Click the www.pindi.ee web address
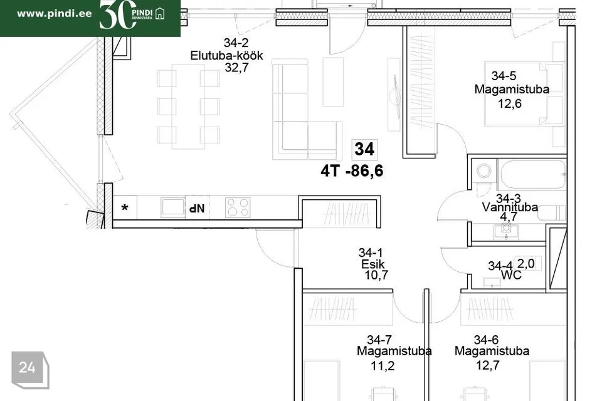coord(55,14)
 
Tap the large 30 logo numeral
coord(117,14)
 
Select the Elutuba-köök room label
coord(226,55)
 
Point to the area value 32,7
coord(236,68)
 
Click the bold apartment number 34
coord(364,149)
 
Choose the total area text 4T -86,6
coord(352,171)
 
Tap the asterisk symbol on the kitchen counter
coord(124,209)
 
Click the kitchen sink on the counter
coord(173,207)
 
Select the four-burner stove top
coord(238,207)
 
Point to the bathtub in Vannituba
coord(533,175)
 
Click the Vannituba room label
coord(510,207)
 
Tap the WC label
coord(512,275)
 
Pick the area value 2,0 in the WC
coord(525,264)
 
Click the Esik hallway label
coord(372,264)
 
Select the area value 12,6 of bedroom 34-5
coord(509,103)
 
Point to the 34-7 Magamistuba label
coord(394,345)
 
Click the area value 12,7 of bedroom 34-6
coord(488,365)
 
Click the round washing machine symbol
coord(483,170)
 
